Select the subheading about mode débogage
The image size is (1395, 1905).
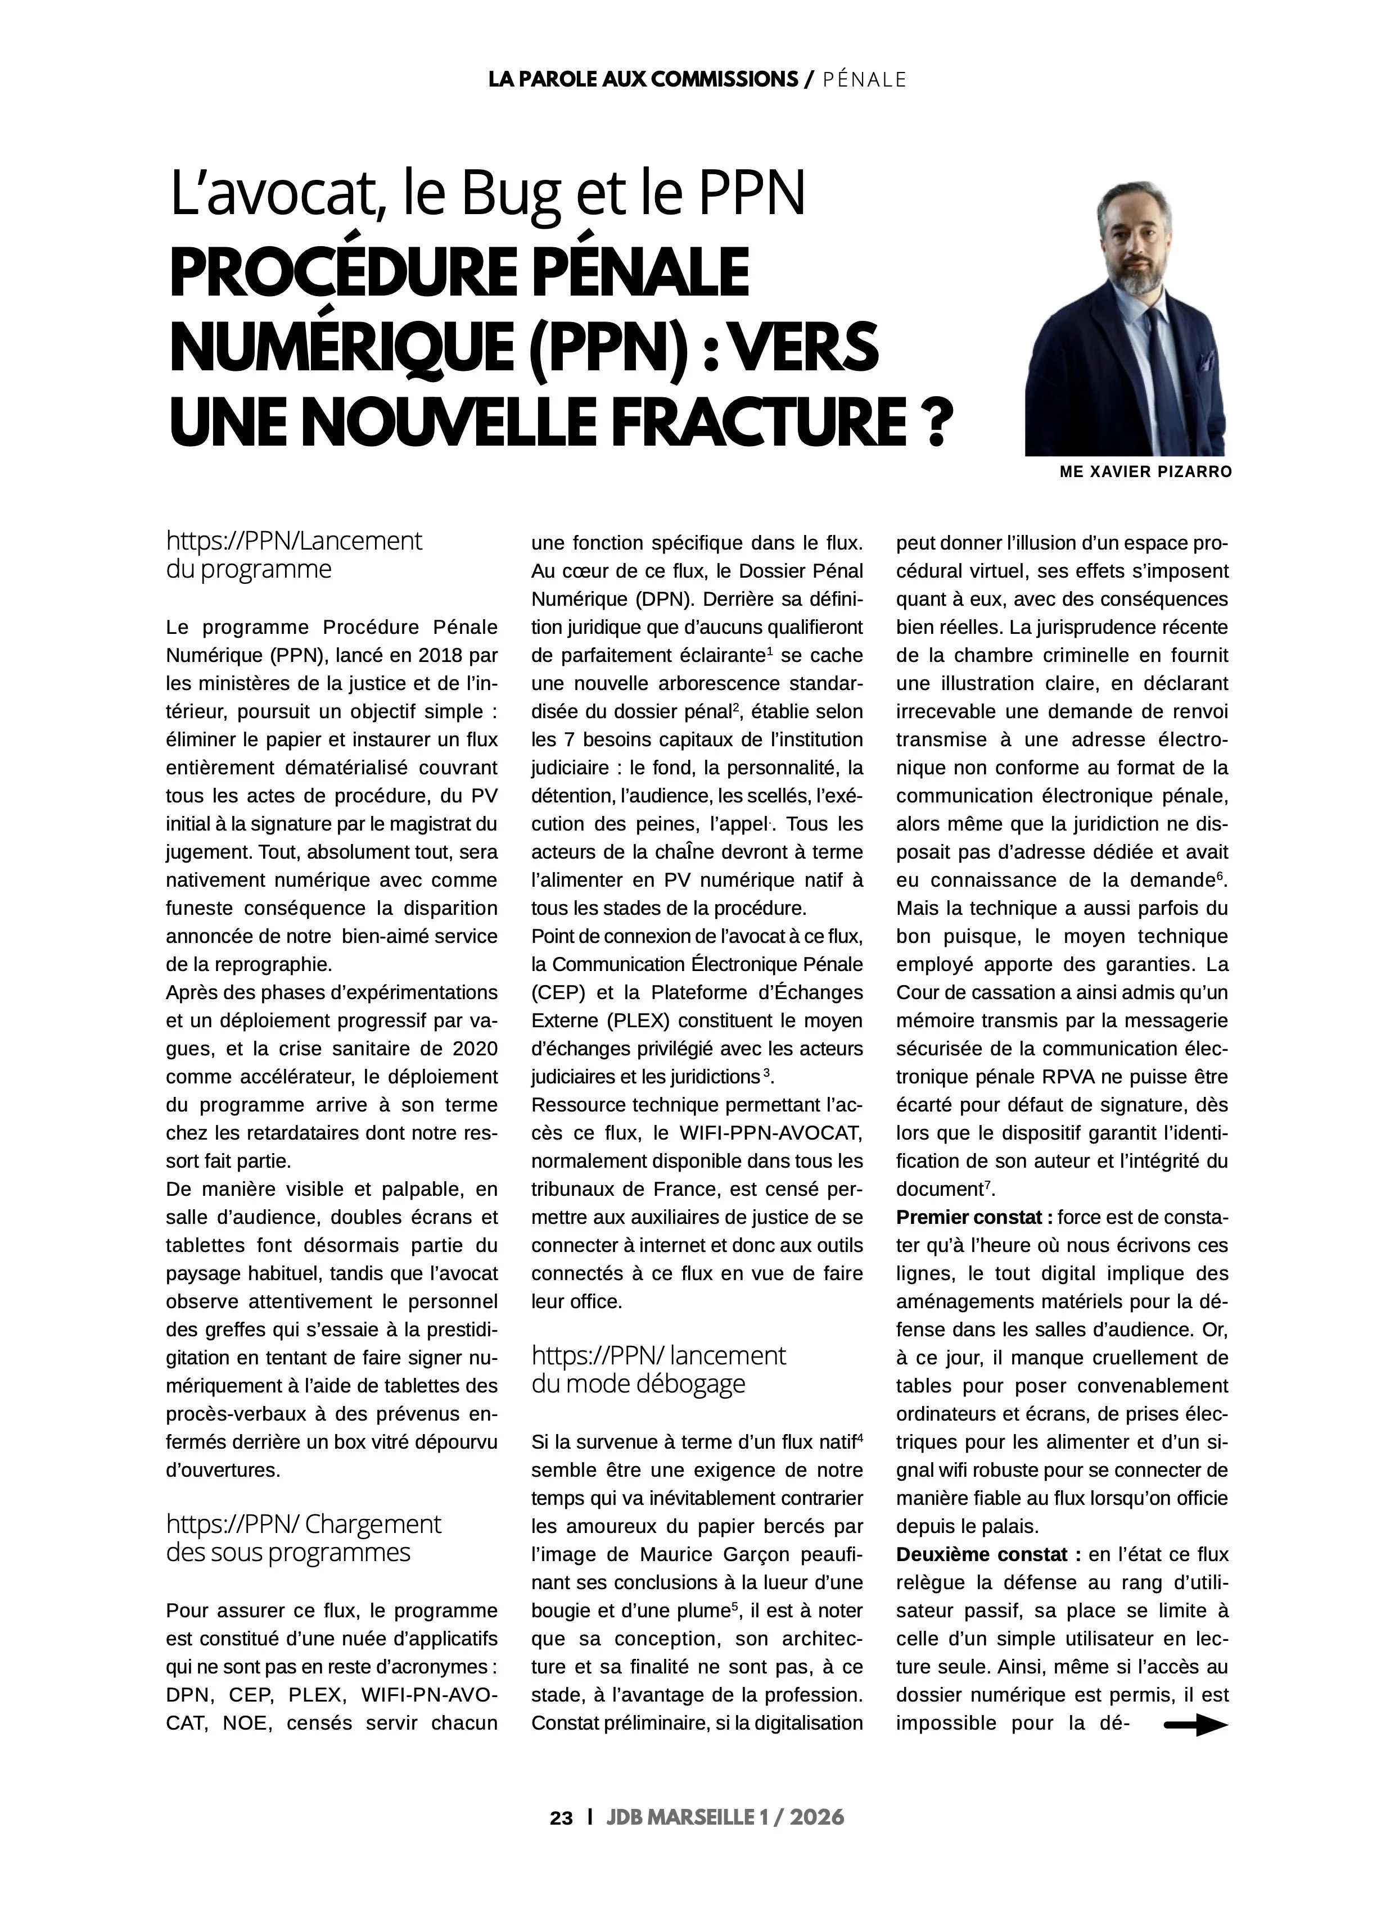658,1369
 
